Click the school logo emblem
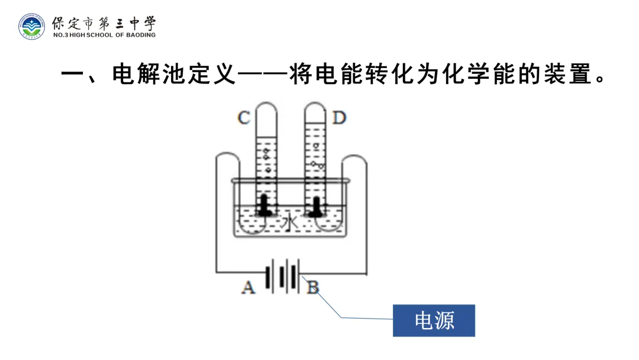pyautogui.click(x=31, y=26)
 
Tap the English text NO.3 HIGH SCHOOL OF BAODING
pyautogui.click(x=104, y=35)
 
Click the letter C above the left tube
pyautogui.click(x=243, y=118)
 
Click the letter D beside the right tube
pyautogui.click(x=338, y=118)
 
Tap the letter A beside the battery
pyautogui.click(x=248, y=288)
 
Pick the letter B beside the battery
pyautogui.click(x=312, y=288)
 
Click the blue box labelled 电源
pyautogui.click(x=434, y=320)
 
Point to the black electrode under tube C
pyautogui.click(x=264, y=205)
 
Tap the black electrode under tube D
pyautogui.click(x=317, y=205)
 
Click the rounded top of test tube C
pyautogui.click(x=266, y=108)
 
